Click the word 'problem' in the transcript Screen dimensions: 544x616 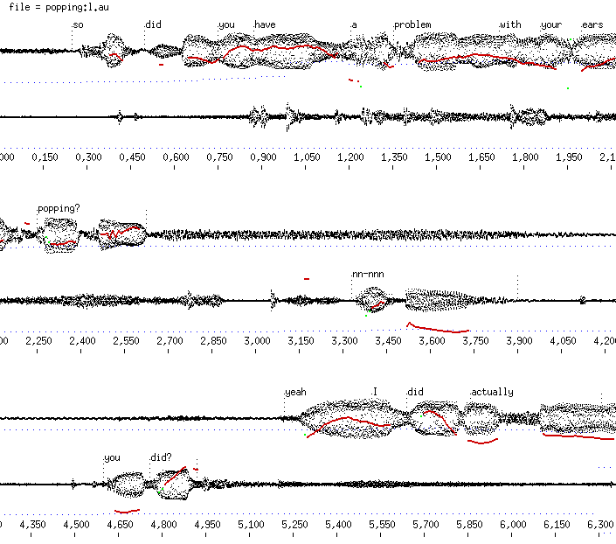tap(412, 24)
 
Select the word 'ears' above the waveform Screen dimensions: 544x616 tap(592, 24)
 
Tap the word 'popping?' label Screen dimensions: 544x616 tap(59, 208)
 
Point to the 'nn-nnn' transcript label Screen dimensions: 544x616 tap(368, 274)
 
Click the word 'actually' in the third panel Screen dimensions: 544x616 tap(492, 392)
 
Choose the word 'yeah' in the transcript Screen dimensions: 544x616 tap(296, 392)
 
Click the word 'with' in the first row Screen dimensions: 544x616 tap(510, 24)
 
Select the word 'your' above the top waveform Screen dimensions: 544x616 tap(551, 24)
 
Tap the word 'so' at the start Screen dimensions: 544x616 tap(78, 24)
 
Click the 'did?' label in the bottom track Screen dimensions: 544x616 tap(161, 457)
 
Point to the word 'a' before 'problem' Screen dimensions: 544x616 tap(354, 24)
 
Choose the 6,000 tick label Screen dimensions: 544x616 tap(513, 524)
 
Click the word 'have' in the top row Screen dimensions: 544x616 tap(265, 24)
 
